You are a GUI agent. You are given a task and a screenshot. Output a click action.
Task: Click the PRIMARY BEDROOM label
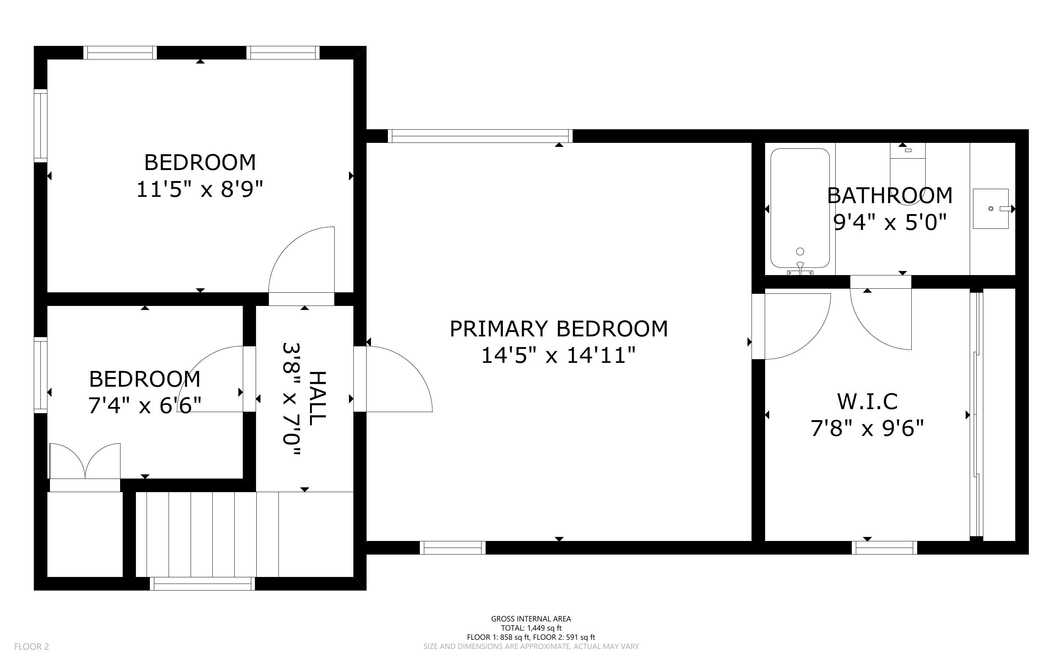click(559, 329)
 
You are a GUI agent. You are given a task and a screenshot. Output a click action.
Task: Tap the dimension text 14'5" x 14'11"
click(559, 355)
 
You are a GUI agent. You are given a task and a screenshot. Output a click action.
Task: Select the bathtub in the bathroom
click(800, 208)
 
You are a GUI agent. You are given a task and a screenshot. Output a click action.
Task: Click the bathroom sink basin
click(991, 209)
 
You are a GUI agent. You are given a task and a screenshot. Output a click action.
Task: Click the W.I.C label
click(867, 401)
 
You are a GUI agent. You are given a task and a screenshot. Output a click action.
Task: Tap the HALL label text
click(317, 398)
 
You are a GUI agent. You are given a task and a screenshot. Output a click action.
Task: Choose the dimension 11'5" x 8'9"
click(200, 190)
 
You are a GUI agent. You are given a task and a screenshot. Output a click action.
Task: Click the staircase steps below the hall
click(245, 534)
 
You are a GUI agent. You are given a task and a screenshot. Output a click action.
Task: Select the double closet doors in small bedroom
click(85, 461)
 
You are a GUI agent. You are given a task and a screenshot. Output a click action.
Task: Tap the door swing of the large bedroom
click(302, 260)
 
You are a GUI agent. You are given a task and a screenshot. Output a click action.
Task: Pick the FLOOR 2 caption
click(32, 646)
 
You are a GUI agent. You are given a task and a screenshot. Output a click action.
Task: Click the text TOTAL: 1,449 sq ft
click(531, 628)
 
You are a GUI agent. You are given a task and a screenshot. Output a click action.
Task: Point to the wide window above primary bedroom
click(480, 136)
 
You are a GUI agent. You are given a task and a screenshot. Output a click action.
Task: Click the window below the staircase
click(202, 584)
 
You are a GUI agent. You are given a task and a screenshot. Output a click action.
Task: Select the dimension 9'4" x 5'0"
click(890, 222)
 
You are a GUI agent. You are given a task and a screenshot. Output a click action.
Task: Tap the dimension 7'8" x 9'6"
click(867, 428)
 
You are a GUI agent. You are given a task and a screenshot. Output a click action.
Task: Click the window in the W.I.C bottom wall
click(884, 548)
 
